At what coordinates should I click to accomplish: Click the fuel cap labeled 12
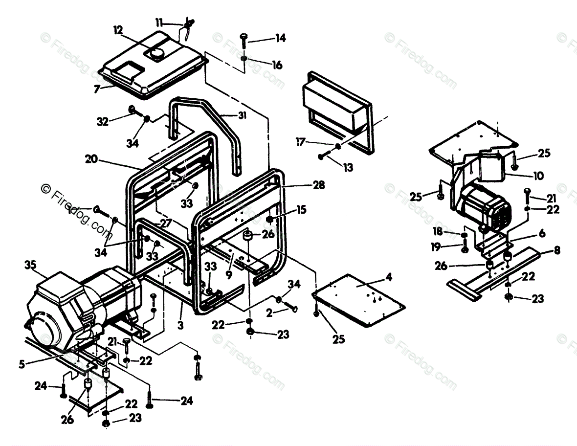point(157,53)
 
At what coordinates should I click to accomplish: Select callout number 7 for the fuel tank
point(97,89)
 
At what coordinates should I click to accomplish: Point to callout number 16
point(277,65)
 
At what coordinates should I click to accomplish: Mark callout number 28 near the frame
point(318,185)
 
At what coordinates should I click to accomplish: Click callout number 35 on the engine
point(30,266)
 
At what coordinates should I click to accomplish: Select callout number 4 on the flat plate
point(388,277)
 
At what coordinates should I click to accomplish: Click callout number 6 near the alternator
point(541,234)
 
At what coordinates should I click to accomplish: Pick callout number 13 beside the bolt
point(348,167)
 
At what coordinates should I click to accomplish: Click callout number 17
point(301,142)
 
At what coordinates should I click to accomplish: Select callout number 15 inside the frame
point(301,209)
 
